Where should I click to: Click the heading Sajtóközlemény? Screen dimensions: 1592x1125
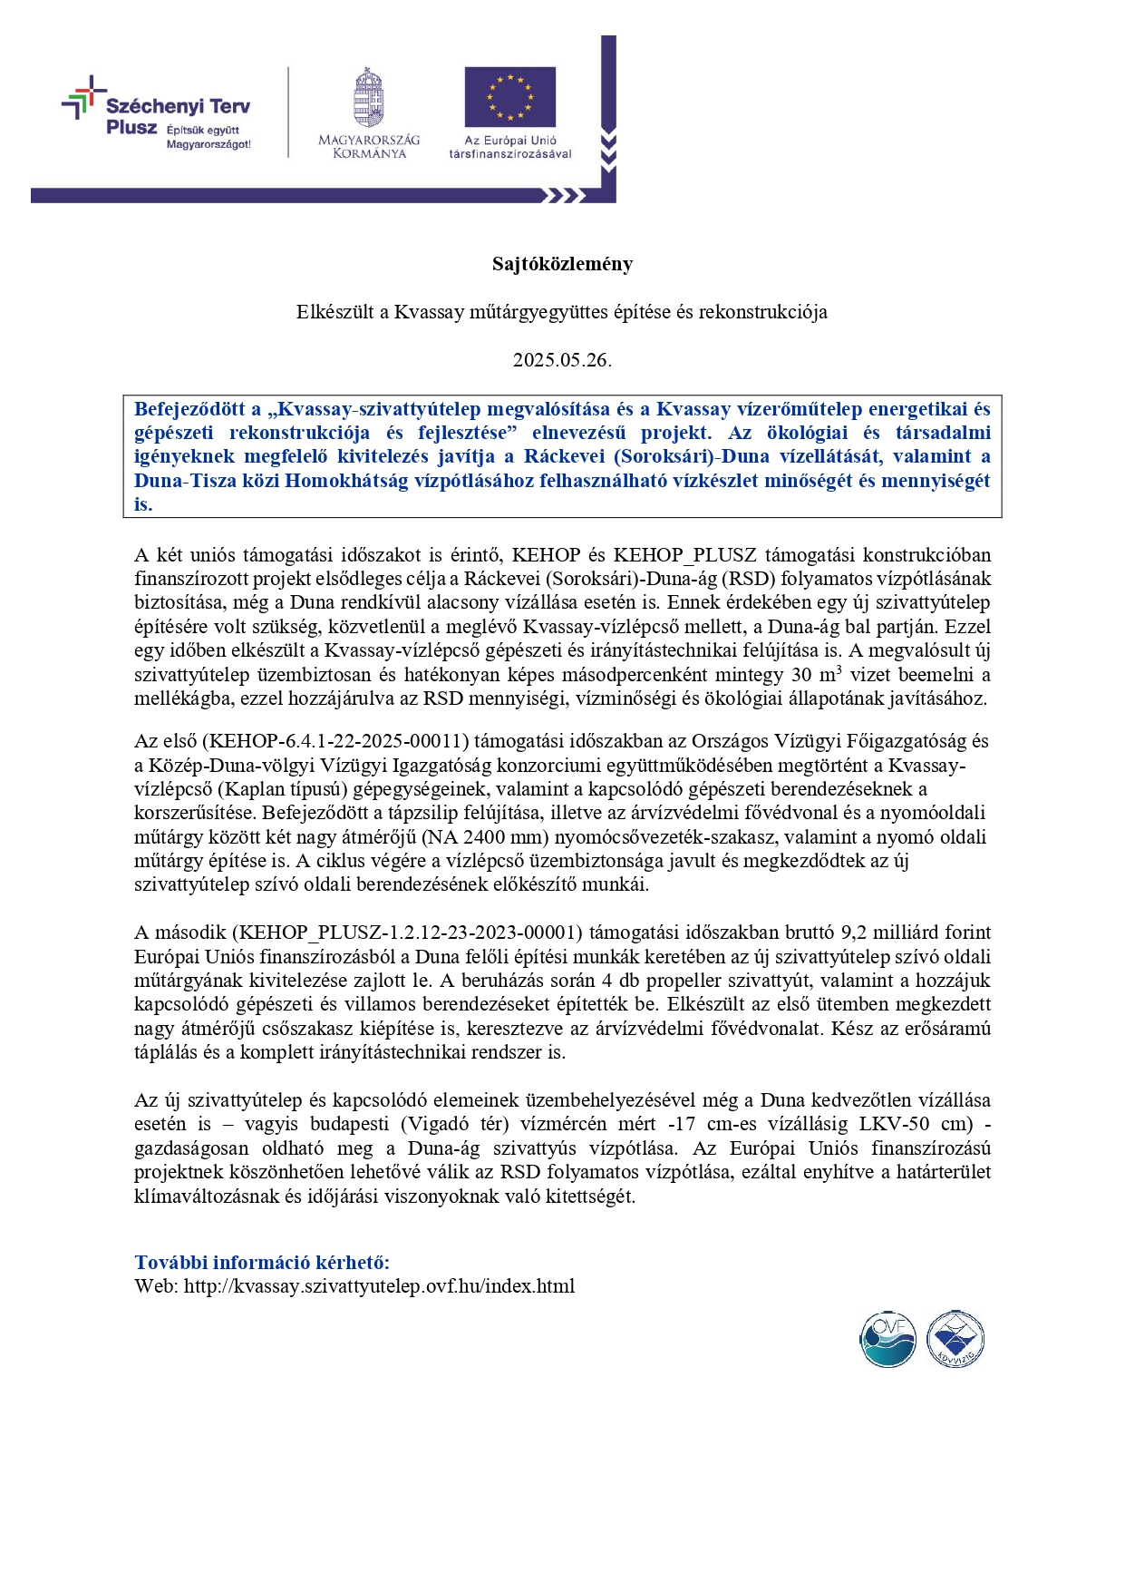point(562,264)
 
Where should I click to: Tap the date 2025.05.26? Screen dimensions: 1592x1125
point(562,359)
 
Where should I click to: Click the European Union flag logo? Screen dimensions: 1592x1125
point(509,96)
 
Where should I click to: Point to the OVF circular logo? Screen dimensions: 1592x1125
point(887,1339)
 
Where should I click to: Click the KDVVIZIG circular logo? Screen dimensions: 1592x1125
point(955,1339)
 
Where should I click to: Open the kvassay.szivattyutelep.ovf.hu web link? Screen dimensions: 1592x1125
point(379,1286)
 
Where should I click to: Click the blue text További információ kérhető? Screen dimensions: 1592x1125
point(262,1262)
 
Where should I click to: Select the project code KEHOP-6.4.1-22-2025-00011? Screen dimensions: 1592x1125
point(339,741)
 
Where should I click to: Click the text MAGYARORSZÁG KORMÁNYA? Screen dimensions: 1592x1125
point(369,147)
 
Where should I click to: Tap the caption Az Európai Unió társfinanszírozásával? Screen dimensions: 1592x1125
point(510,147)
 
